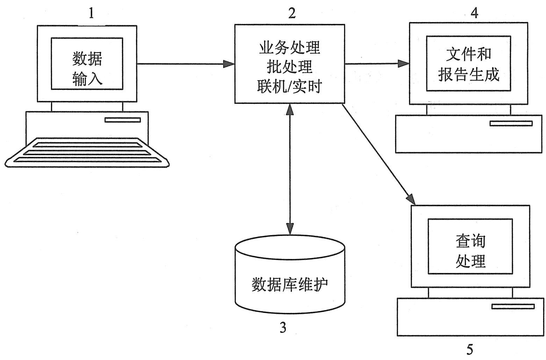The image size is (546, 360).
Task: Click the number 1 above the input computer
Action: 91,14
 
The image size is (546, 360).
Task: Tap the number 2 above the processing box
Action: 292,13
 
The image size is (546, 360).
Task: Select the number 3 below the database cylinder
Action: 283,328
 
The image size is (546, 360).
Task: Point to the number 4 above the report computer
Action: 474,13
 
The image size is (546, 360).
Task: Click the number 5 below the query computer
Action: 470,349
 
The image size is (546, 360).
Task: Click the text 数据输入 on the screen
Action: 87,69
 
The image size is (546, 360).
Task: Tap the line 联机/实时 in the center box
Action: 289,86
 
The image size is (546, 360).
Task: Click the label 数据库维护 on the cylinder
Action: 290,284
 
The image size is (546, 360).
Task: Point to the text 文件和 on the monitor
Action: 468,54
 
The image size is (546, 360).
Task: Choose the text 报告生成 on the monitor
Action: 468,74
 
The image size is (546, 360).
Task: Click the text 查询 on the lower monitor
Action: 470,241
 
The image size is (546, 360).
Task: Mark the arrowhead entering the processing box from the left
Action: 229,64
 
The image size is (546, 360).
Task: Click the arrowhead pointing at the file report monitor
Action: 404,64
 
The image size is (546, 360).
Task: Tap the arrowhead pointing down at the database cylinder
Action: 290,229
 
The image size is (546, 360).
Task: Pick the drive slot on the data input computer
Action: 123,120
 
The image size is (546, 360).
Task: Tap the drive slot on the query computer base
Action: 513,306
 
